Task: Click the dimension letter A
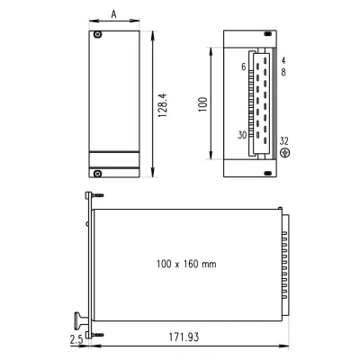112,13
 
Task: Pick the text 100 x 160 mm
186,265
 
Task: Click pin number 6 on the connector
243,66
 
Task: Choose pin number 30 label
241,136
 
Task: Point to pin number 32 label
285,140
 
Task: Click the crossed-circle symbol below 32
285,153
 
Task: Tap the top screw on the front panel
99,35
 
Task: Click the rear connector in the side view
286,265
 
